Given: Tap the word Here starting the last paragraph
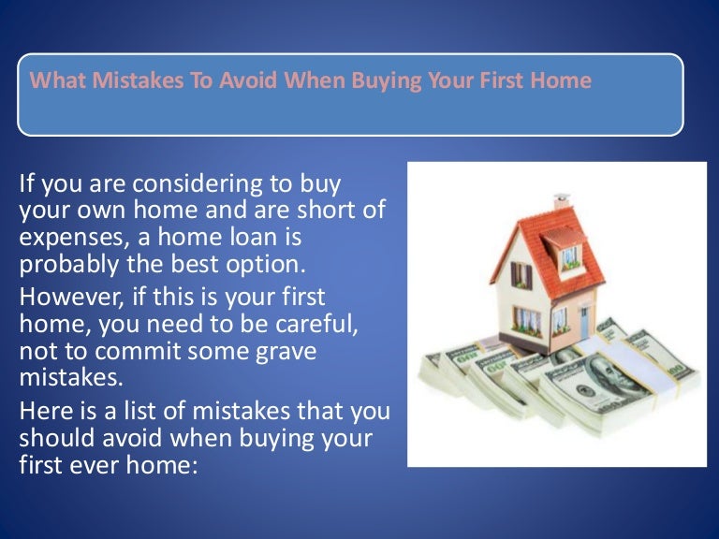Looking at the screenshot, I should tap(43, 413).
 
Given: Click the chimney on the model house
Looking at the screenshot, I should tap(561, 200).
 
